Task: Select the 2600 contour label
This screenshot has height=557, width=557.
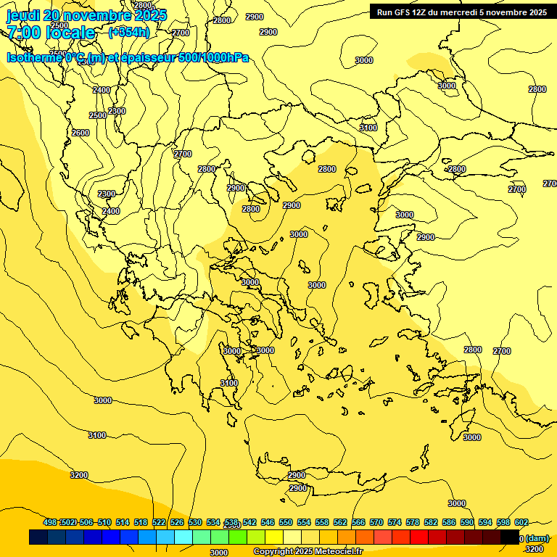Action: [81, 133]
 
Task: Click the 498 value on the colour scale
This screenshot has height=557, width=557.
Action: [50, 522]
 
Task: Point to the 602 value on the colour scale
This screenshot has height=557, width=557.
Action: [521, 522]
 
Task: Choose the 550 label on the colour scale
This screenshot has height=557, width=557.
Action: [286, 522]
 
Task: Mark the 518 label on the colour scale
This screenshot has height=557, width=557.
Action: [141, 522]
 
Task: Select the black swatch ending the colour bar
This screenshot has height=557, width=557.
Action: [510, 537]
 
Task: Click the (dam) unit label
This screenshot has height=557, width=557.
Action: [538, 538]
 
